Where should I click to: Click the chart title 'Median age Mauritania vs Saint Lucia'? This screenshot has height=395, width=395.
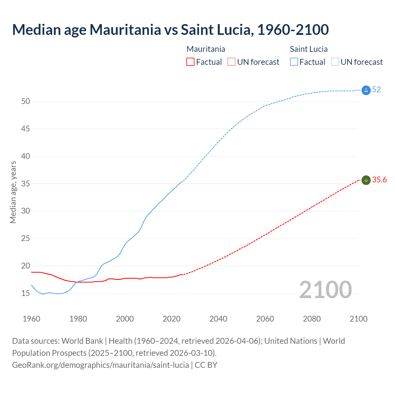tap(170, 30)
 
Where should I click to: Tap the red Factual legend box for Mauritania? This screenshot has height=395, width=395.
tap(190, 62)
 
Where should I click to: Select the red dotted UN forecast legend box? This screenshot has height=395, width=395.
tap(231, 62)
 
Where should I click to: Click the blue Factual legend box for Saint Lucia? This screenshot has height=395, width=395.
tap(294, 62)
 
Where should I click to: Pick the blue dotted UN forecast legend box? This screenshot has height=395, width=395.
tap(335, 62)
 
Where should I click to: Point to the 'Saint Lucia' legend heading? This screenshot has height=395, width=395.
tap(309, 49)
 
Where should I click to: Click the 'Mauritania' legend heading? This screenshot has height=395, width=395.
tap(206, 49)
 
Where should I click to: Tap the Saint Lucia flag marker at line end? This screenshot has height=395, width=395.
tap(366, 90)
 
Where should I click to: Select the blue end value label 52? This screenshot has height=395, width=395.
tap(376, 90)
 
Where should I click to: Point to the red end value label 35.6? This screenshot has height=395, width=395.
tap(379, 180)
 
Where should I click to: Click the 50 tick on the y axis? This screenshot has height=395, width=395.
tap(25, 102)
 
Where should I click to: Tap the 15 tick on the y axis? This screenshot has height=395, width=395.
tap(25, 293)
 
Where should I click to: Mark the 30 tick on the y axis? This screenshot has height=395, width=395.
tap(25, 211)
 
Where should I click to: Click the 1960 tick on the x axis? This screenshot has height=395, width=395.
tap(31, 319)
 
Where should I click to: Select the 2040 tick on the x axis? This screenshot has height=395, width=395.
tap(218, 319)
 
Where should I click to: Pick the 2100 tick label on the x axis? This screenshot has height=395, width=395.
tap(359, 319)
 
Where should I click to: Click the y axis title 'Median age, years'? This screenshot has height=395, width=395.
tap(13, 192)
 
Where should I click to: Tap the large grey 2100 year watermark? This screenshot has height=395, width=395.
tap(325, 290)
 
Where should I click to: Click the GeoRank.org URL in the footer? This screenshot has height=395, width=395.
tap(100, 365)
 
